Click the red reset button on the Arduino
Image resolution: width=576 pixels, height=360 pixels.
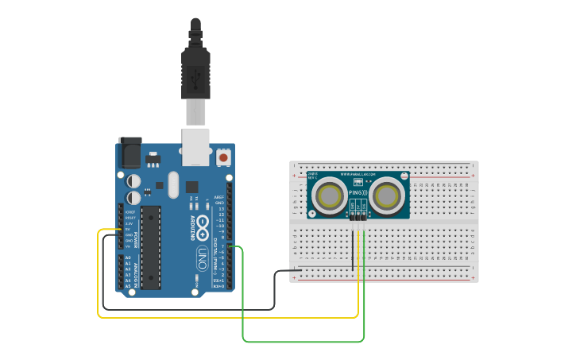223,158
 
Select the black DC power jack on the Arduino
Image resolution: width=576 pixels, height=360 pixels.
130,152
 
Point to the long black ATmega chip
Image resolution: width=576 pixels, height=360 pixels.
151,247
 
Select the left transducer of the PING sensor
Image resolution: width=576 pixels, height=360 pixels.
329,196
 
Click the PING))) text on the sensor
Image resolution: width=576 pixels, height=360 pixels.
358,193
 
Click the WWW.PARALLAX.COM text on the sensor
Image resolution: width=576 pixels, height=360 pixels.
358,174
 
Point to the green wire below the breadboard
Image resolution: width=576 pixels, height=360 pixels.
302,341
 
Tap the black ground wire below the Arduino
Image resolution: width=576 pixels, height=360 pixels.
191,308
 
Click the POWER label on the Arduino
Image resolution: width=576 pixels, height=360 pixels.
135,239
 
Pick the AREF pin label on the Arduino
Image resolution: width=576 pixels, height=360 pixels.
218,197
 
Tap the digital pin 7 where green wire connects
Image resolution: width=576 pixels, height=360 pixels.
230,247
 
